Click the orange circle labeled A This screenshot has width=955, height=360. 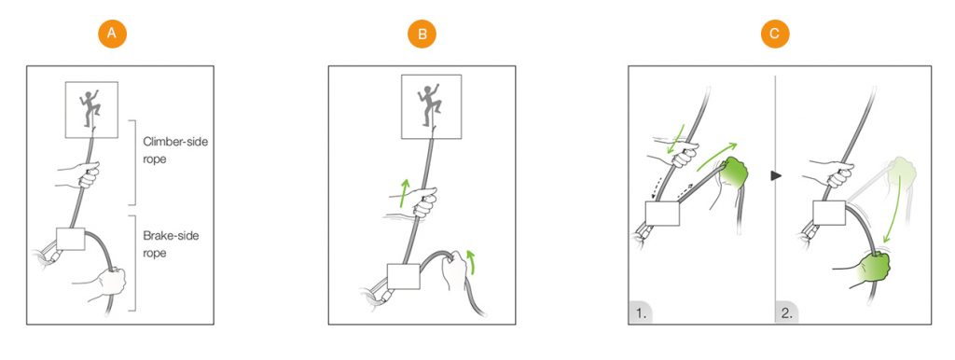[112, 35]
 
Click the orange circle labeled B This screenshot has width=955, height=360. [422, 35]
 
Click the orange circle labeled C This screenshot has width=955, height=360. [775, 35]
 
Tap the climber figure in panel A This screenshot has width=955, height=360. [91, 108]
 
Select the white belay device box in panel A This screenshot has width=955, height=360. [70, 239]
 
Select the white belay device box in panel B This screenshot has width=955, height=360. [404, 277]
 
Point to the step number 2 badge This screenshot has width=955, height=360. [786, 312]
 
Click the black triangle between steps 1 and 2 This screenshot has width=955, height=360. [775, 175]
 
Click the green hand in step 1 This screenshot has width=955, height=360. [735, 177]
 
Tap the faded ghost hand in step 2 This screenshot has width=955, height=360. [900, 174]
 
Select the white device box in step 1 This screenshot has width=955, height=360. [662, 214]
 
